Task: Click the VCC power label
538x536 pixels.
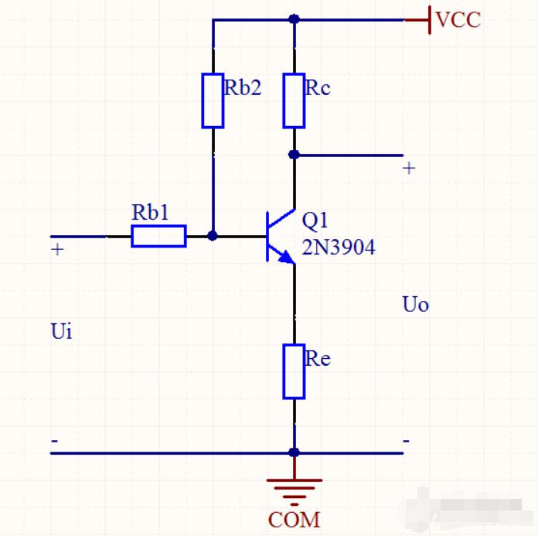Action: click(x=458, y=19)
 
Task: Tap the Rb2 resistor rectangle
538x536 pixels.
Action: click(x=213, y=101)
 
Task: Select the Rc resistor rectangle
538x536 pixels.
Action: click(x=294, y=101)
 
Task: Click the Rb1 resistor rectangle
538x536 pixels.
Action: click(x=159, y=236)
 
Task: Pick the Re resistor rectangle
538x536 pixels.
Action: click(x=294, y=371)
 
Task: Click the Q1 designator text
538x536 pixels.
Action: click(x=315, y=220)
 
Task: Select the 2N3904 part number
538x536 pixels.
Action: click(x=339, y=248)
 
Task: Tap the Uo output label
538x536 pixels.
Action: click(x=416, y=304)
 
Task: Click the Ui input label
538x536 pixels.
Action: click(x=62, y=331)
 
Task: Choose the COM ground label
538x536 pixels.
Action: click(x=294, y=520)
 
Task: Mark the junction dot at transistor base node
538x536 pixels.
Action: click(x=213, y=236)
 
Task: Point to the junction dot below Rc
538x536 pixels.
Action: click(x=294, y=155)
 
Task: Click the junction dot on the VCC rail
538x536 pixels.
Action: click(x=294, y=19)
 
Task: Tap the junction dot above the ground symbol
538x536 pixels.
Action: click(x=294, y=452)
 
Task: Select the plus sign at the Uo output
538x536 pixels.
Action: click(x=409, y=169)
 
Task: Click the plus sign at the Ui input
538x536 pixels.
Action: click(x=57, y=249)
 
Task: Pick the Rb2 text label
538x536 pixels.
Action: click(x=243, y=87)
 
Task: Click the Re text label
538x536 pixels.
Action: click(x=318, y=359)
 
